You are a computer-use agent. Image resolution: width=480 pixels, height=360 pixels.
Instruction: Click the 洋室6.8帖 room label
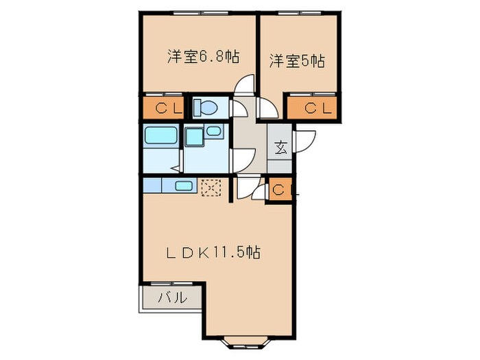point(203,58)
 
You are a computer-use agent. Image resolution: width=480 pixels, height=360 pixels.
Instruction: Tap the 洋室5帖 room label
point(296,61)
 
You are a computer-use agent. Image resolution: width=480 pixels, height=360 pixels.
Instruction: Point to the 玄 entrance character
point(280,147)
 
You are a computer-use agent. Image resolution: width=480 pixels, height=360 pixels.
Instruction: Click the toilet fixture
point(205,108)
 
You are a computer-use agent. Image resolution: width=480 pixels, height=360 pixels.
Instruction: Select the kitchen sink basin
point(183,185)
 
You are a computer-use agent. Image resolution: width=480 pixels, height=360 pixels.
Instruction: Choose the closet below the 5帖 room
point(313,107)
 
